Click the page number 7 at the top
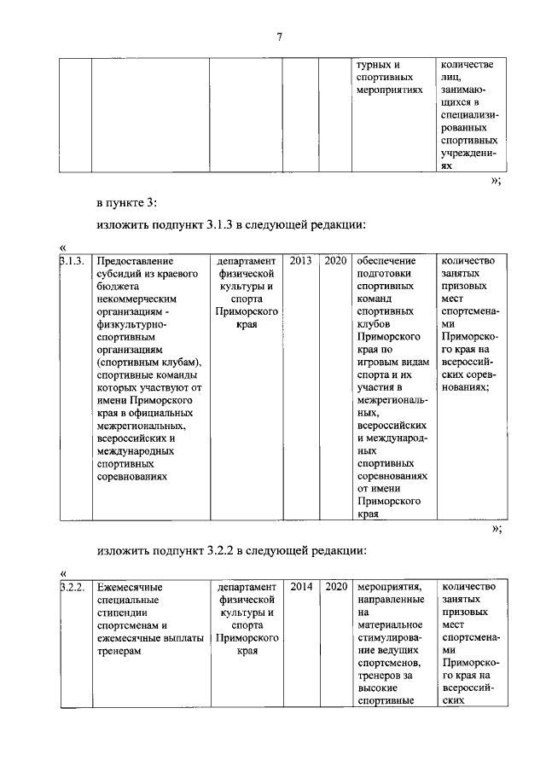click(x=279, y=35)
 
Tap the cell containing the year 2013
click(x=300, y=260)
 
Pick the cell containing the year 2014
click(x=302, y=587)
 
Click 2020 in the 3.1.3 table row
click(x=335, y=260)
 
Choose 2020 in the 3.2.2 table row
click(x=336, y=587)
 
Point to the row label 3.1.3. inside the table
click(x=73, y=260)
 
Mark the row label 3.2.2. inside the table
click(x=73, y=587)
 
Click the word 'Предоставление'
click(x=135, y=260)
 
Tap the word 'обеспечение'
click(x=386, y=260)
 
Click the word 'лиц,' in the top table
click(x=451, y=76)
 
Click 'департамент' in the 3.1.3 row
click(x=247, y=260)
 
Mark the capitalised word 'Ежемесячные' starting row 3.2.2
click(x=130, y=587)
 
